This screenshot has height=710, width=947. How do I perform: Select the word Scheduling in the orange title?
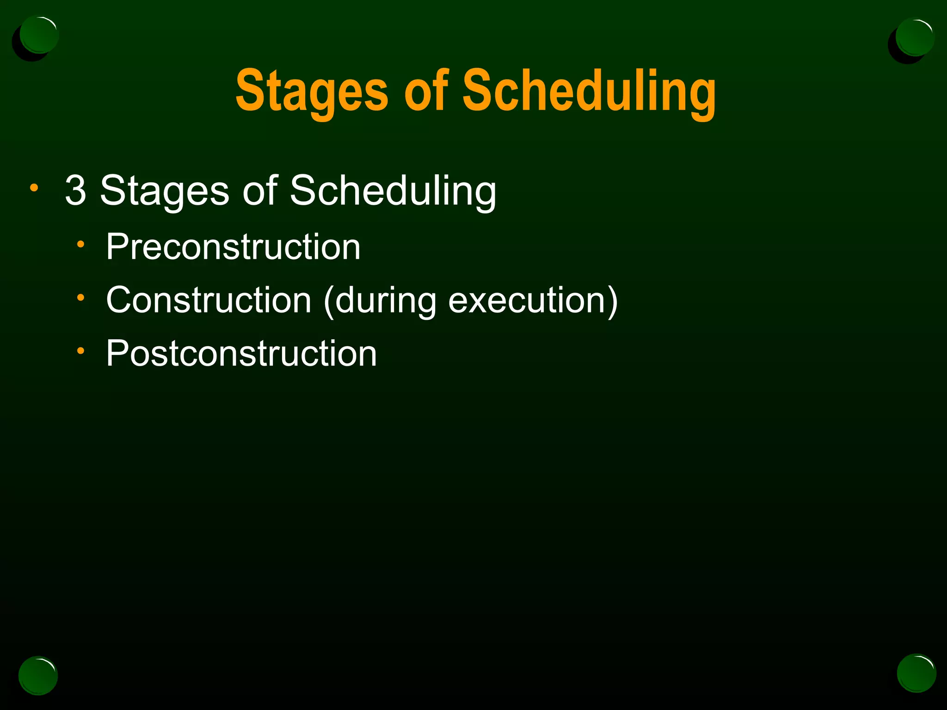pyautogui.click(x=589, y=91)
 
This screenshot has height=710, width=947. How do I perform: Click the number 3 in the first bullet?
pyautogui.click(x=76, y=190)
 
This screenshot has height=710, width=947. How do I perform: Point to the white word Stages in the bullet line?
pyautogui.click(x=165, y=191)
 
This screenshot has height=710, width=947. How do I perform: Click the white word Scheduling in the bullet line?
pyautogui.click(x=393, y=191)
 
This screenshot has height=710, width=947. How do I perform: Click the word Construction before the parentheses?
pyautogui.click(x=209, y=300)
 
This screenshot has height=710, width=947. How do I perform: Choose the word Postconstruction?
pyautogui.click(x=241, y=353)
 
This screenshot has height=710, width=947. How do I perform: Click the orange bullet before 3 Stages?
pyautogui.click(x=34, y=188)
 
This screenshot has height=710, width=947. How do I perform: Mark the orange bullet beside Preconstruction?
pyautogui.click(x=81, y=245)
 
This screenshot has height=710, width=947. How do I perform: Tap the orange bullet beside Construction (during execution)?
pyautogui.click(x=81, y=298)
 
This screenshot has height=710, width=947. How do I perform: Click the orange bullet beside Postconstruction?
pyautogui.click(x=81, y=351)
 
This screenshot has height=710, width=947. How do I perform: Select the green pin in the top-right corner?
pyautogui.click(x=914, y=37)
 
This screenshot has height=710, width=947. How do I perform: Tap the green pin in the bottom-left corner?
pyautogui.click(x=38, y=675)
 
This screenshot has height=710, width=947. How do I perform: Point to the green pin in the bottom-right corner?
pyautogui.click(x=916, y=673)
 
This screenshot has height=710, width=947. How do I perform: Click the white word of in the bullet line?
pyautogui.click(x=260, y=190)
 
